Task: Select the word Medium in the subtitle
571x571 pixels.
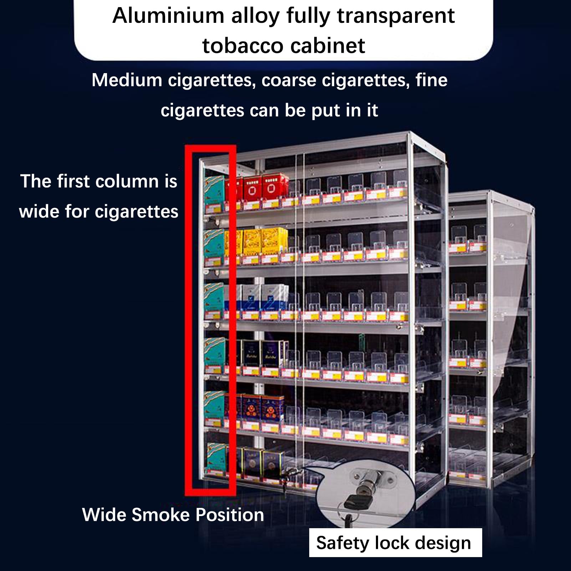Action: [127, 80]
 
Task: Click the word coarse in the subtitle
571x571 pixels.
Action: [289, 81]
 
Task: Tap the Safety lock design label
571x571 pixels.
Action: [395, 543]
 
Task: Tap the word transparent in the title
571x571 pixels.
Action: [396, 16]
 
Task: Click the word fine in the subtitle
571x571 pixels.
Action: [431, 80]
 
